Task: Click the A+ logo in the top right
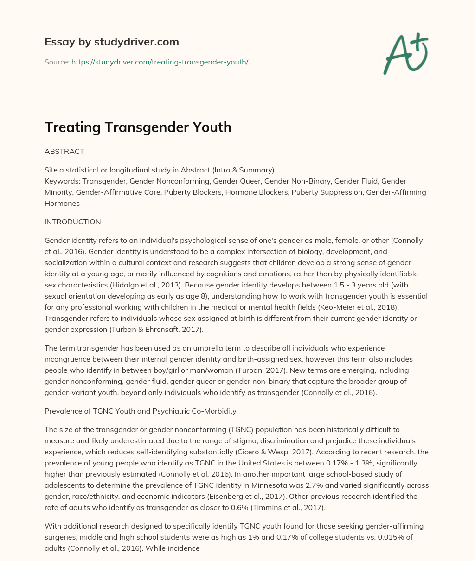click(x=406, y=53)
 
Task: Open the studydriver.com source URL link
click(x=160, y=62)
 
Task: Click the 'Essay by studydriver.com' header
click(x=111, y=42)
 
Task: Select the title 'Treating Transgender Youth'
click(x=138, y=127)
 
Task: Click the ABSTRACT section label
click(x=64, y=152)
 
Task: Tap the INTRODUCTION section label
click(x=72, y=222)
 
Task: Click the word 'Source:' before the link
click(x=57, y=62)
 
